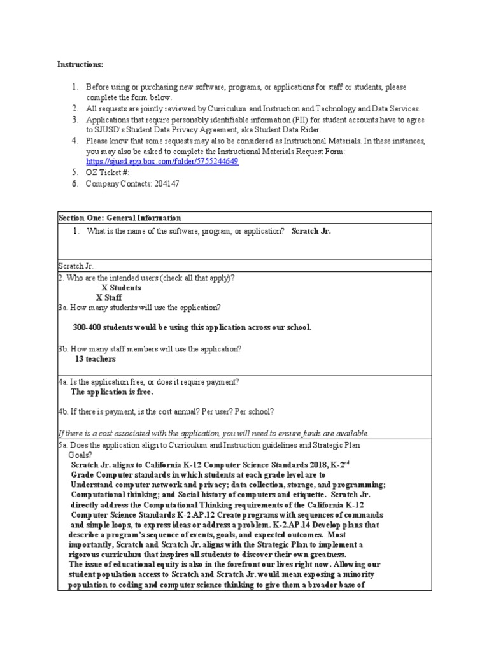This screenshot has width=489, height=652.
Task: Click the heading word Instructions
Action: (80, 65)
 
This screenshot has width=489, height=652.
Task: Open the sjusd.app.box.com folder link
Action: (162, 162)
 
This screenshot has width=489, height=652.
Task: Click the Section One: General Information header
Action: (120, 218)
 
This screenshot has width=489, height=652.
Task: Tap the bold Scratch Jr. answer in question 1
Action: (311, 231)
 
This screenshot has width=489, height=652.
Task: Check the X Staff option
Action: (109, 297)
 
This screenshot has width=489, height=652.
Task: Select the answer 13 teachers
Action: (96, 359)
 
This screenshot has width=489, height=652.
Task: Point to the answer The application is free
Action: (112, 392)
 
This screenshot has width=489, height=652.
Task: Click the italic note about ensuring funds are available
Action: (213, 433)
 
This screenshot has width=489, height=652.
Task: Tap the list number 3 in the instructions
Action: (74, 119)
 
